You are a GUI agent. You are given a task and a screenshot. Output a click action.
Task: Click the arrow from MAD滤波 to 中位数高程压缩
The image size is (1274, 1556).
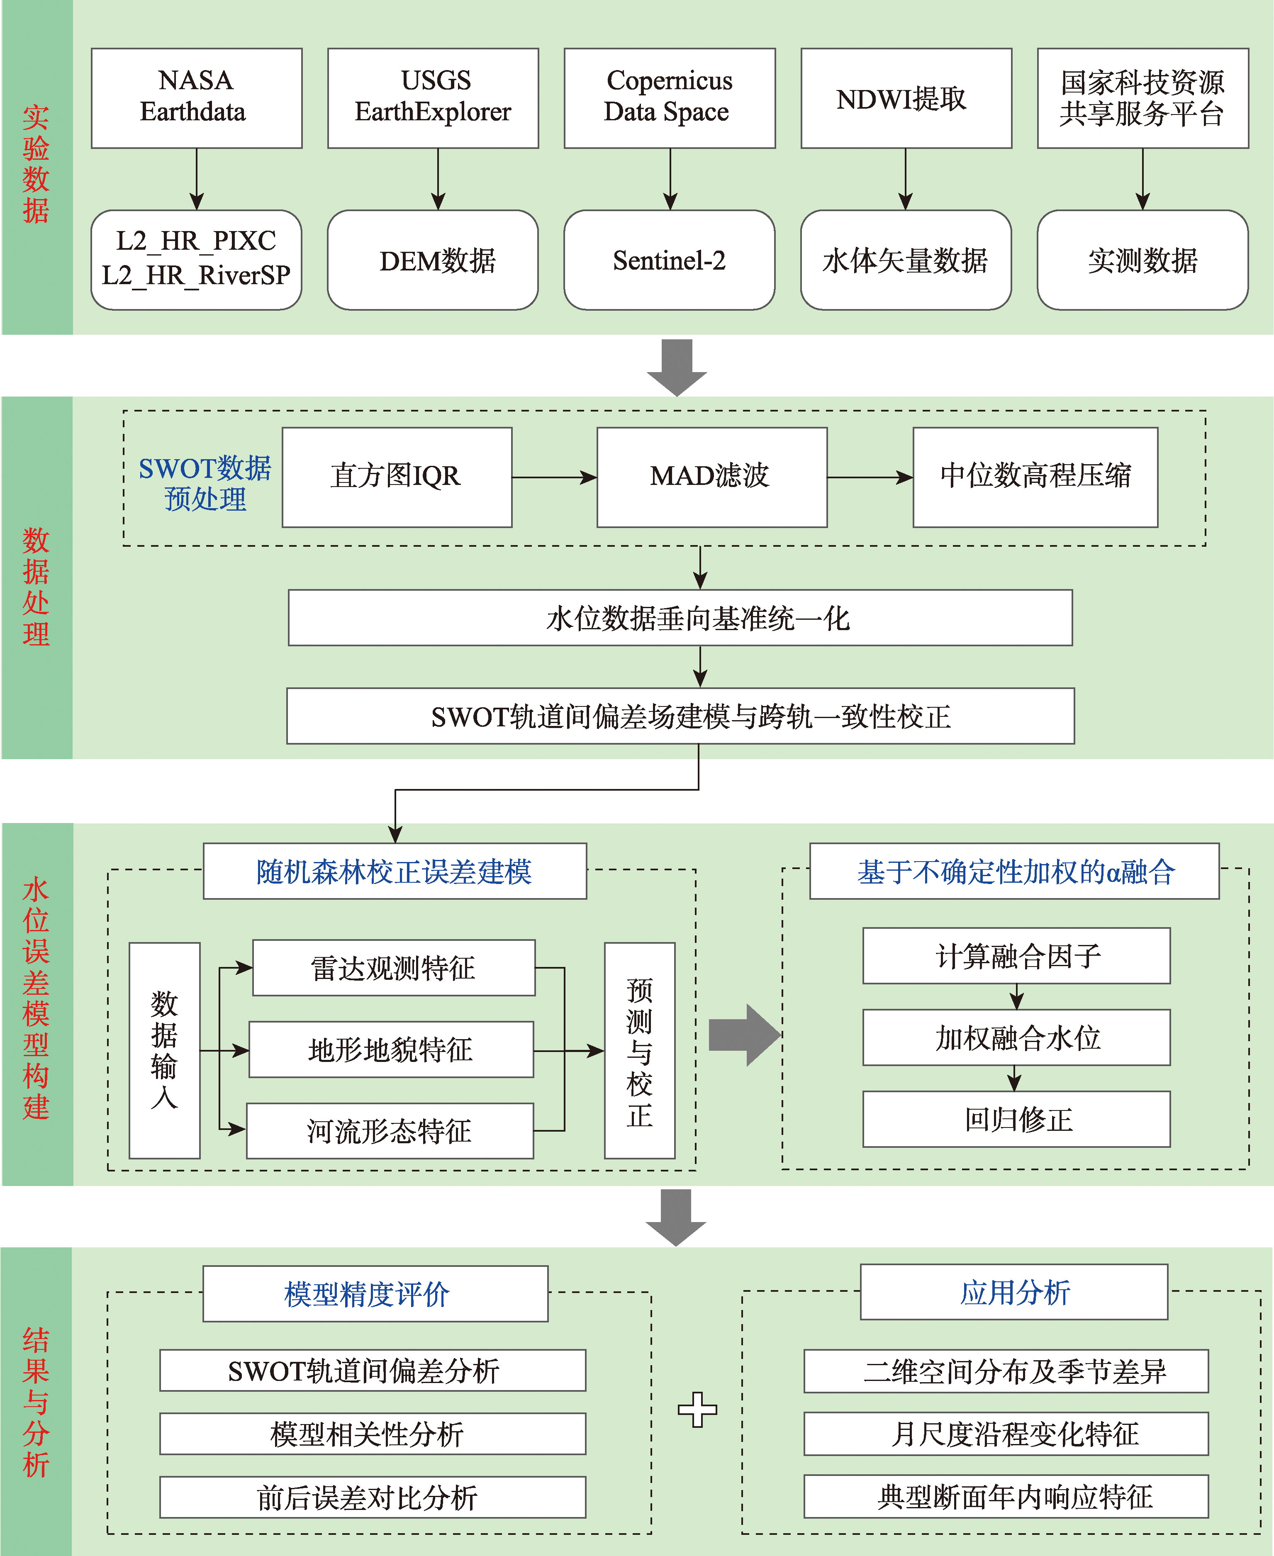870,477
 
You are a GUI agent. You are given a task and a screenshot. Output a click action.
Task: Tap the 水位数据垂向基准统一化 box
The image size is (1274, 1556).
680,618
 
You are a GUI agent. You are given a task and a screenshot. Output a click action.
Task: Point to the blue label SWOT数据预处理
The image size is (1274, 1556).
205,483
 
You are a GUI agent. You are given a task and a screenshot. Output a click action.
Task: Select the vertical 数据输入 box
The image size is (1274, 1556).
164,1050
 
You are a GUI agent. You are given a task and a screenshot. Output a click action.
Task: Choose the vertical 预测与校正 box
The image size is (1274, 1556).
639,1050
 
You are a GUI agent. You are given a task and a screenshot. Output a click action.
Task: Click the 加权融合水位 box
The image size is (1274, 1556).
1016,1037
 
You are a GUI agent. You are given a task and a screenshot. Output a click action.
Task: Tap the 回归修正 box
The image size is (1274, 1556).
1016,1119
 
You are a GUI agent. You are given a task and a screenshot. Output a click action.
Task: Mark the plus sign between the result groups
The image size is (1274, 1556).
697,1409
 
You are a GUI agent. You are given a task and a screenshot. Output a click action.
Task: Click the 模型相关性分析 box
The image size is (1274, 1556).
373,1434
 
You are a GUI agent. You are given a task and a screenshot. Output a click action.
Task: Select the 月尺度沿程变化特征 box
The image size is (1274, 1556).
1006,1434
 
